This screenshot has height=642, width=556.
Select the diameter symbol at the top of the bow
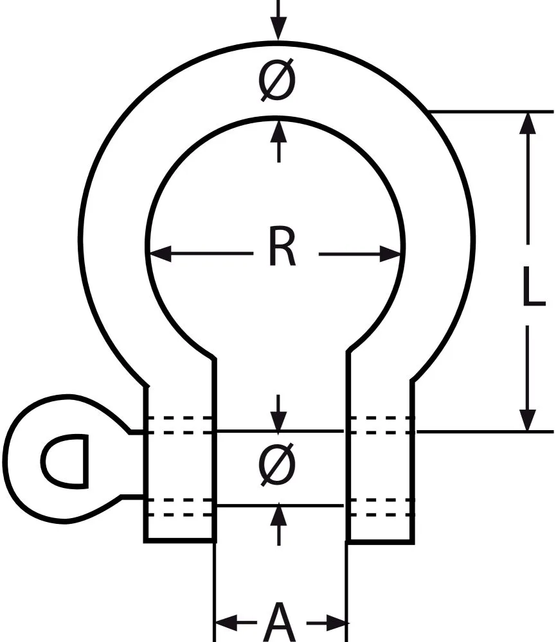click(x=278, y=82)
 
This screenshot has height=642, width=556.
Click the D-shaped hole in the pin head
click(x=64, y=459)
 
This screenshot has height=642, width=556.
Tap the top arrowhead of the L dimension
click(x=528, y=123)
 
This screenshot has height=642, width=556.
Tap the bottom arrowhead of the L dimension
click(x=528, y=420)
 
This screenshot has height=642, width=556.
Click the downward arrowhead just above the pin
click(x=278, y=421)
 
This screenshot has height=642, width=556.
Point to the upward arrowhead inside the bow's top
click(x=278, y=130)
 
